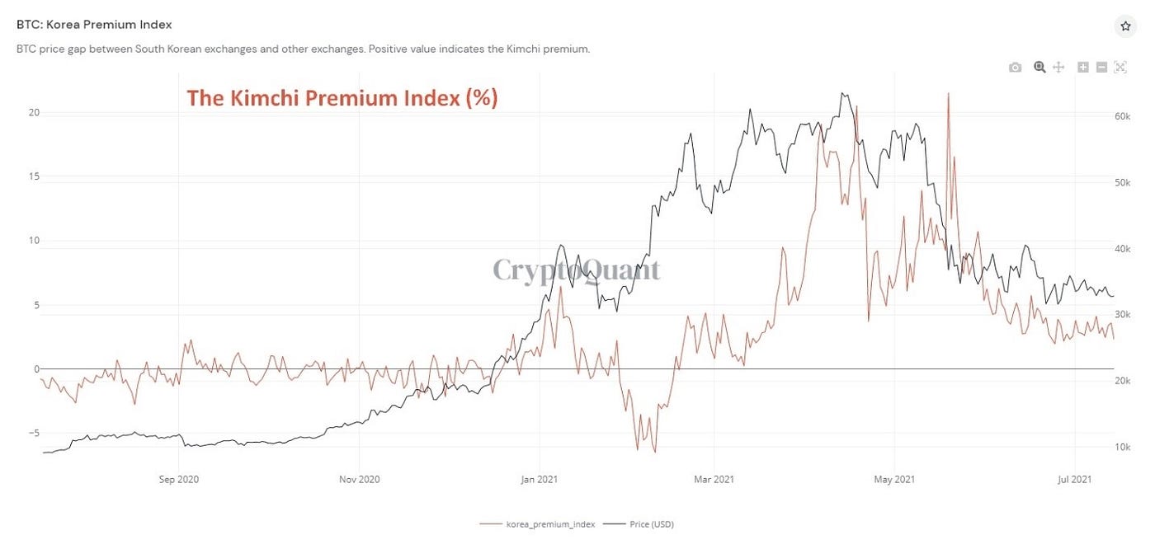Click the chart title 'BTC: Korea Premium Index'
[94, 25]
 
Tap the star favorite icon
[1125, 26]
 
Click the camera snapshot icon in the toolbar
[1015, 68]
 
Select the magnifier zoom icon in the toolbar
[1039, 68]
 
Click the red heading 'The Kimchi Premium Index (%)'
[342, 98]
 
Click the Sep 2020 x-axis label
[179, 479]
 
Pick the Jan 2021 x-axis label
[540, 479]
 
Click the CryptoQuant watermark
[576, 270]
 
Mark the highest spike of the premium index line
[948, 93]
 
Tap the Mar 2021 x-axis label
[714, 479]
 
